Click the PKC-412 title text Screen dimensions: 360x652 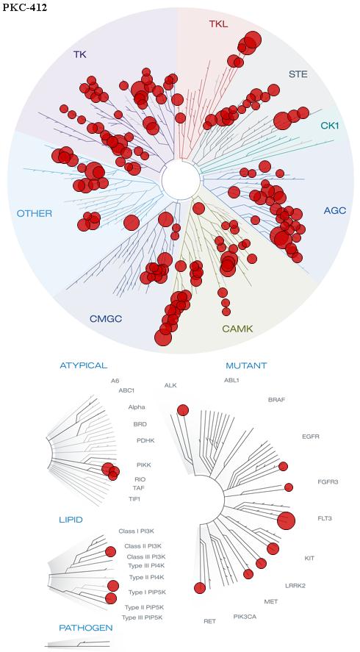tap(24, 7)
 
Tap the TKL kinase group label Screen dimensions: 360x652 tap(218, 24)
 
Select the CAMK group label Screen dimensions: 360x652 tap(237, 329)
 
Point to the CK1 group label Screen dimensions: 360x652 tap(330, 125)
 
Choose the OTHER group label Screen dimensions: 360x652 tap(34, 214)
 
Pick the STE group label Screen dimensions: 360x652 tap(298, 75)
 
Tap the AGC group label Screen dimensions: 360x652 tap(334, 210)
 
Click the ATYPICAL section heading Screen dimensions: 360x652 tap(84, 365)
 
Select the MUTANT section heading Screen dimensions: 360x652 tap(246, 366)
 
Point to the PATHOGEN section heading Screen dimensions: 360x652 tap(86, 628)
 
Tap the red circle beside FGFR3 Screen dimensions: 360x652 tap(289, 487)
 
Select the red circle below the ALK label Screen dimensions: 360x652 tap(182, 410)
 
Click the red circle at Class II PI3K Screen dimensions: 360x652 tap(110, 552)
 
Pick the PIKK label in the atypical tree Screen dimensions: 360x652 tap(143, 465)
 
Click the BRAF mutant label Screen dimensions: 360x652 tap(277, 400)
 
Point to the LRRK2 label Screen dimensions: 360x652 tap(295, 586)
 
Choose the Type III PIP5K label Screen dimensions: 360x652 tap(142, 617)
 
